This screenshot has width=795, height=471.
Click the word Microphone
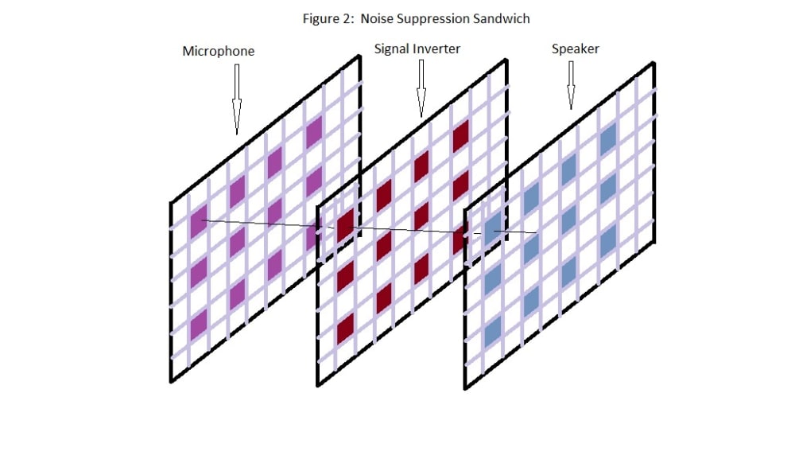coord(219,51)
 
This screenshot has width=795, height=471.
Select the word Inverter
coord(436,49)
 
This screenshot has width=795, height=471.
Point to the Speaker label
coord(576,49)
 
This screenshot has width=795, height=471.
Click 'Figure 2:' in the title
coord(328,18)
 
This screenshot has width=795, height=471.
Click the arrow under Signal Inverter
coord(421,88)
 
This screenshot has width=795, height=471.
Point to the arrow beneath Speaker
coord(570,85)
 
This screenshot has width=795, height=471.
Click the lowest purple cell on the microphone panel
coord(198,323)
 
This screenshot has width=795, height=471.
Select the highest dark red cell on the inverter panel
coord(460,135)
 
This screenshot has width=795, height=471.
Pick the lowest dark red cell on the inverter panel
coord(345,328)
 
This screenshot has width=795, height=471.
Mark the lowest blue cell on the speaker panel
coord(493,329)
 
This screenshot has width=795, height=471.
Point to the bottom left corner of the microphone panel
coord(171,380)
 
